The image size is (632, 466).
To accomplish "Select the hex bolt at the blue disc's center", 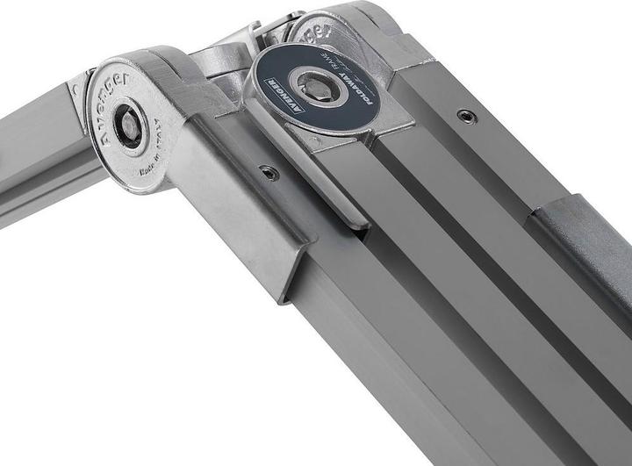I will tap(314, 86).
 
